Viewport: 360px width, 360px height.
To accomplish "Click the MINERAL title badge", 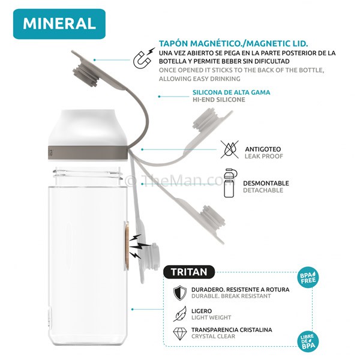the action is (x=59, y=24).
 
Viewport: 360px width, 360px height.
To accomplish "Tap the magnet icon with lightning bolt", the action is (x=144, y=58).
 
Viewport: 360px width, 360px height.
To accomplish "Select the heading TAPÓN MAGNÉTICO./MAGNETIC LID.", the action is (x=233, y=43).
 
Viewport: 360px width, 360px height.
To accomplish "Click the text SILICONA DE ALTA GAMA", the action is (x=231, y=92).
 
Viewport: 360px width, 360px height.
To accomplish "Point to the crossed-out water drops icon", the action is (x=230, y=149).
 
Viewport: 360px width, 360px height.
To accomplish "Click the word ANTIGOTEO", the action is (x=263, y=149).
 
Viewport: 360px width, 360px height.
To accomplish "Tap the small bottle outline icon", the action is (x=230, y=183).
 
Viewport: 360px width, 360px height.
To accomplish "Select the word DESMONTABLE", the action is (x=266, y=183).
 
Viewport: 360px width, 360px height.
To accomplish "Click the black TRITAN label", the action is (x=189, y=272).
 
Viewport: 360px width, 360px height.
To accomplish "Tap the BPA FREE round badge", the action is (x=308, y=277).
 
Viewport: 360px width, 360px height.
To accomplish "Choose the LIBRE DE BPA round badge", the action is (x=308, y=341).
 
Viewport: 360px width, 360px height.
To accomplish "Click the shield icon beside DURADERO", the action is (x=180, y=293).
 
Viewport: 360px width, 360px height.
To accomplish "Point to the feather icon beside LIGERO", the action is (x=180, y=314).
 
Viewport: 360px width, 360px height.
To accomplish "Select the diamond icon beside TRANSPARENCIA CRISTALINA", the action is (x=180, y=334).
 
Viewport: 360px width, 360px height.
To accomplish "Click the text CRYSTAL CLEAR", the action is (x=213, y=337).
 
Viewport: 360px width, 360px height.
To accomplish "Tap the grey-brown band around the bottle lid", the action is (x=88, y=152).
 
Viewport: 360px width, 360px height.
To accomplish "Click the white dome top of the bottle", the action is (x=88, y=128).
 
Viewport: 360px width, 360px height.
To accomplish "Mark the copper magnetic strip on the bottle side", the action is (x=127, y=245).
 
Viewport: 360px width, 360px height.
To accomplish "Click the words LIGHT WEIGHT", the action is (x=211, y=317).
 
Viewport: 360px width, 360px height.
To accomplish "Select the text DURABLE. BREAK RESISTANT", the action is (x=231, y=296).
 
